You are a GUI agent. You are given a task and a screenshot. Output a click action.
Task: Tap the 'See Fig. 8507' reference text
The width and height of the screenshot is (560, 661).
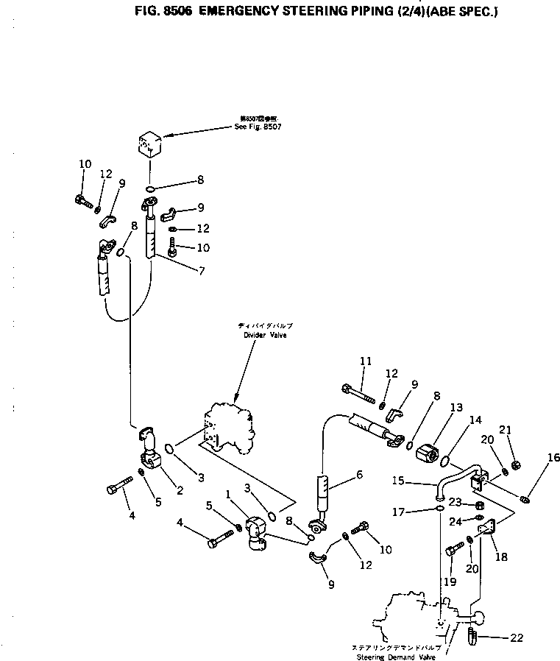(258, 127)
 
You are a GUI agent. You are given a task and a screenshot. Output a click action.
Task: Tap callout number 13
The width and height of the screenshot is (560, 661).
(457, 407)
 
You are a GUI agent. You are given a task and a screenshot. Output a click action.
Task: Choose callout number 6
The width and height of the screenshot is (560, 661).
(359, 475)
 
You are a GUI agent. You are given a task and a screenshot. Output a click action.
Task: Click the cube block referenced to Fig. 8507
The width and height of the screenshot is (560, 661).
(150, 142)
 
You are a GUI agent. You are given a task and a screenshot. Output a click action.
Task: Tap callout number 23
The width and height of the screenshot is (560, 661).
(456, 503)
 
